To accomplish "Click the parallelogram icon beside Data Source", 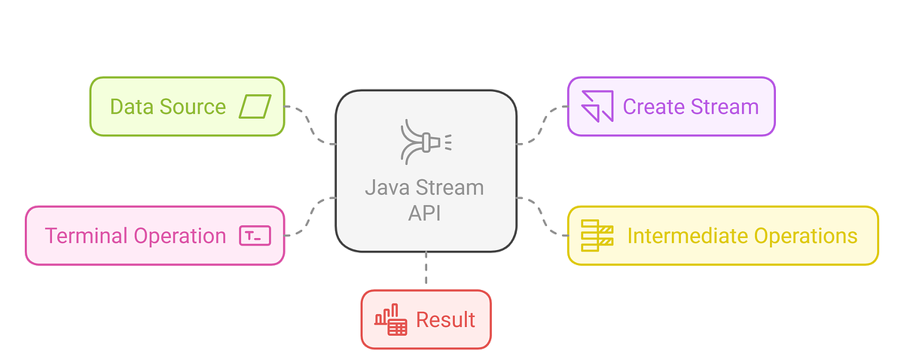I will pyautogui.click(x=255, y=106).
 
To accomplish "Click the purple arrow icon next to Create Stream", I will pyautogui.click(x=597, y=106).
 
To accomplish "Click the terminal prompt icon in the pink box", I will pyautogui.click(x=255, y=236).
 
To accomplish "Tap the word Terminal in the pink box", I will pyautogui.click(x=86, y=236).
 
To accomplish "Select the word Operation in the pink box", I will pyautogui.click(x=179, y=236).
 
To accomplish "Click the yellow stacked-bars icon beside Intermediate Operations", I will pyautogui.click(x=597, y=236).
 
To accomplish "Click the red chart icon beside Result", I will pyautogui.click(x=390, y=320).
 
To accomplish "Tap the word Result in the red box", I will pyautogui.click(x=445, y=320).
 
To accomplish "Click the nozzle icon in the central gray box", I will pyautogui.click(x=426, y=141).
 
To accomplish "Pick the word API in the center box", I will pyautogui.click(x=426, y=212).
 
